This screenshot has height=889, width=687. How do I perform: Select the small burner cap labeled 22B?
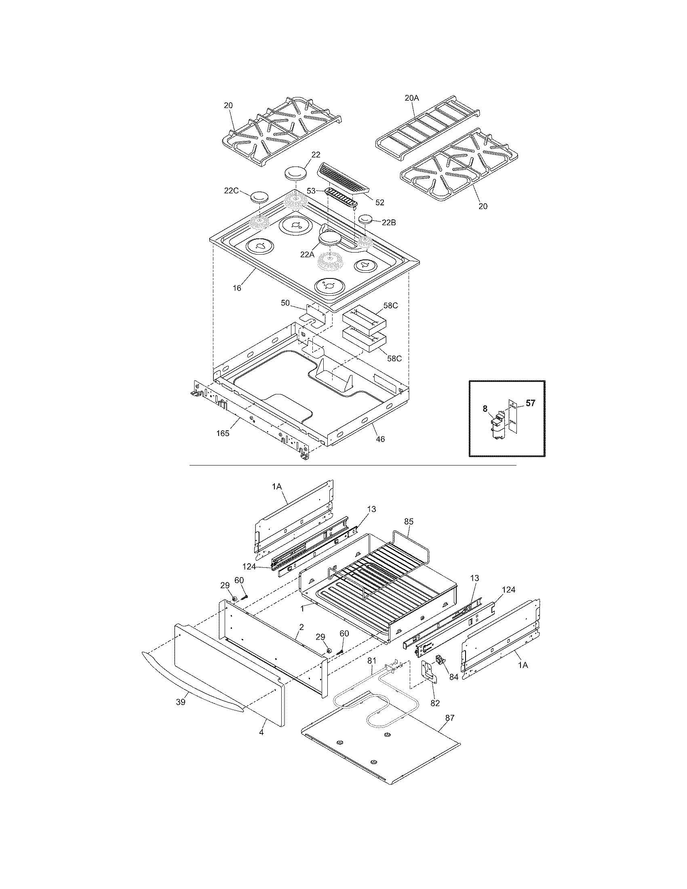[366, 219]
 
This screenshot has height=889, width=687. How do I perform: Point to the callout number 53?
[311, 191]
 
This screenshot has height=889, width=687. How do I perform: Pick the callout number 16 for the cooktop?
[237, 288]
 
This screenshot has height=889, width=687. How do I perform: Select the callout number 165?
[223, 433]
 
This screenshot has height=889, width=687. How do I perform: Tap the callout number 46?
[380, 439]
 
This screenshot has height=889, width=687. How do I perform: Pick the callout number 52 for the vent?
[380, 202]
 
